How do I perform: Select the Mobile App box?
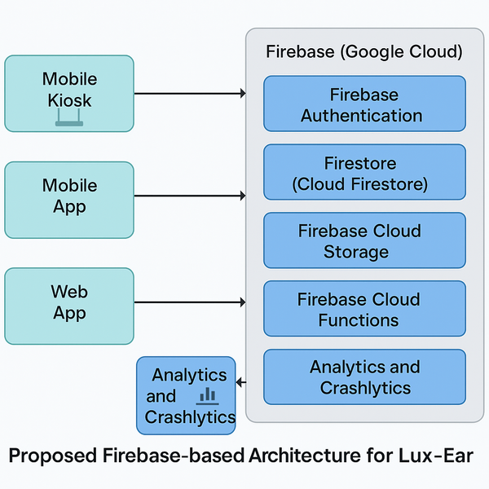pos(69,199)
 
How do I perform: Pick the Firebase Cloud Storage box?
pos(364,241)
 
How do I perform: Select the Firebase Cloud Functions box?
pos(364,309)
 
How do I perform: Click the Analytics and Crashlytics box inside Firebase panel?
pos(364,377)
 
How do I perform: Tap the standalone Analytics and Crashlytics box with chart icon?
pos(186,395)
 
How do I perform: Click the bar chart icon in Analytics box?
pos(207,396)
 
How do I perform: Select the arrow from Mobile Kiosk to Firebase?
pos(189,94)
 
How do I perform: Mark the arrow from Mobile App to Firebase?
pos(189,196)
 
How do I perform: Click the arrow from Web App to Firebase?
pos(189,302)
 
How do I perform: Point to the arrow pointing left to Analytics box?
pos(241,381)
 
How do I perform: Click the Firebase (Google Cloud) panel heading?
pos(364,52)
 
